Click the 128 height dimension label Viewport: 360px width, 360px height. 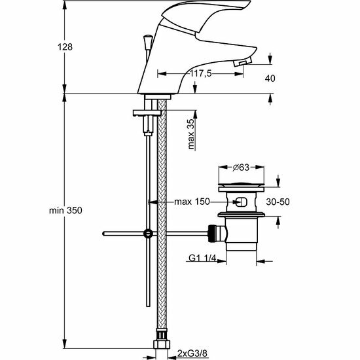coord(65,47)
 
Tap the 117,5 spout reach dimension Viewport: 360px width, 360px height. coord(201,74)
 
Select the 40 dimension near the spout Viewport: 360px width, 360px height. coord(270,79)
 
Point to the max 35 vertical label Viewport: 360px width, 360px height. coord(191,134)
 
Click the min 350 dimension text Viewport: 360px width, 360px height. coord(65,210)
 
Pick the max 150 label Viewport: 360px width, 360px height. coord(192,202)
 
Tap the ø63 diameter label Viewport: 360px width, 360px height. coord(241,168)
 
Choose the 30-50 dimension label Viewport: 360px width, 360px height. coord(278,202)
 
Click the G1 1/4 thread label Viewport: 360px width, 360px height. coord(202,259)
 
